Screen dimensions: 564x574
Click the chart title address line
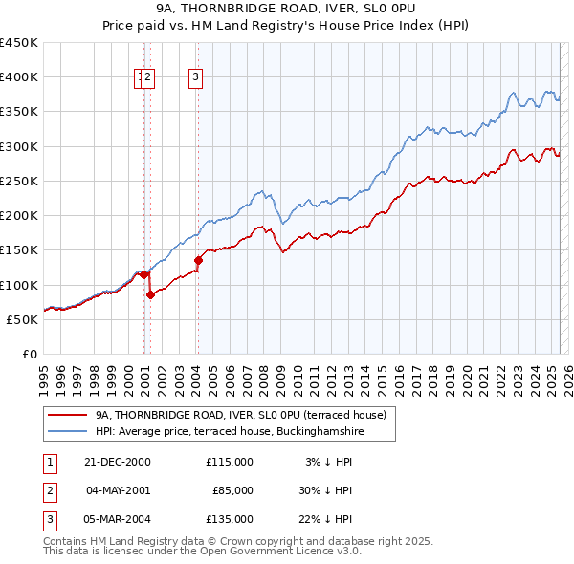tap(287, 9)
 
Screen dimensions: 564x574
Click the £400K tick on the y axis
tap(18, 77)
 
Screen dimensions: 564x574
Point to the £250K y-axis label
tap(18, 181)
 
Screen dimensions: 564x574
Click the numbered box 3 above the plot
tap(195, 78)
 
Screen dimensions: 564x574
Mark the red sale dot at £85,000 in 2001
tap(151, 295)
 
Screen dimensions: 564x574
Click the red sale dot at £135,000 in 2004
tap(198, 260)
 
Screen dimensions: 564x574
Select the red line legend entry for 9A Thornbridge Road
tap(240, 415)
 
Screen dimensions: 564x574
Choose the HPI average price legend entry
tap(230, 432)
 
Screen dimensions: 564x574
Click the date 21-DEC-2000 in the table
tap(118, 461)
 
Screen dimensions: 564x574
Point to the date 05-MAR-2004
tap(118, 519)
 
